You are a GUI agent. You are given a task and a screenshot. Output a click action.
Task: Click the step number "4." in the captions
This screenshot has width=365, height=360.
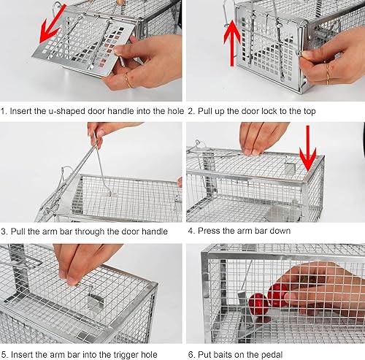191,231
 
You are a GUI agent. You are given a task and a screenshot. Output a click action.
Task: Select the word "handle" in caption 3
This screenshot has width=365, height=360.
151,231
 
